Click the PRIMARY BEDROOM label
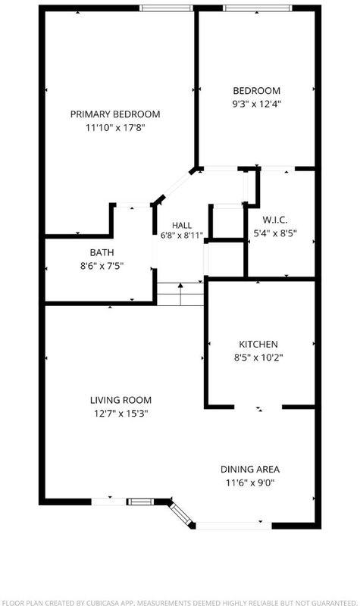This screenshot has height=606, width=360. click(x=115, y=114)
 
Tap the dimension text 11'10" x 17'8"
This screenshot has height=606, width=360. click(x=115, y=127)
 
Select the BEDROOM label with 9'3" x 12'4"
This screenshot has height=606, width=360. click(x=256, y=91)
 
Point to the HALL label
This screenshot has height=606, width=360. click(x=182, y=225)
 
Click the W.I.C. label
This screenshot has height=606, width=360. click(x=275, y=220)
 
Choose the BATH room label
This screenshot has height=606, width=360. click(x=102, y=252)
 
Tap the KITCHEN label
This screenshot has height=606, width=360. click(x=258, y=345)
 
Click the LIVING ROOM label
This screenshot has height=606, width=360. click(x=121, y=400)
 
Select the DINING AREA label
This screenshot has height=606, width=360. click(x=250, y=469)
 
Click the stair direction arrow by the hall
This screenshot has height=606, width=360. click(x=180, y=294)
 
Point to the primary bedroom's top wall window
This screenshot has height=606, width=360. click(x=166, y=8)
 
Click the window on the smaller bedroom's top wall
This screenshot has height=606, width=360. click(x=258, y=8)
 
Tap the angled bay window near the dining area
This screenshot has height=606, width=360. click(x=180, y=513)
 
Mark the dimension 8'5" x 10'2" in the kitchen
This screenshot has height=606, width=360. click(x=258, y=358)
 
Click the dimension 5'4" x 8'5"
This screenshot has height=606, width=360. click(x=275, y=233)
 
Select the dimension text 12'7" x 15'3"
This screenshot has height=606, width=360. click(x=121, y=414)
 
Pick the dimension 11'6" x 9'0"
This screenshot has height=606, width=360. click(x=250, y=483)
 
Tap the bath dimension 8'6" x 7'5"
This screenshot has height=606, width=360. click(x=102, y=266)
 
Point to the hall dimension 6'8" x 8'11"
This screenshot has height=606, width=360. click(x=182, y=235)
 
